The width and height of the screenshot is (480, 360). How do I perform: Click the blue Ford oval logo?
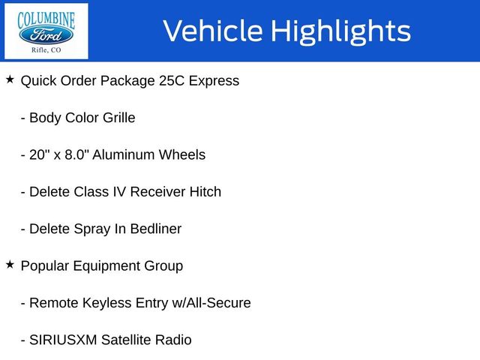coord(46,34)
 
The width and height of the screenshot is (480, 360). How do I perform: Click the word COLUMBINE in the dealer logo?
coord(46,16)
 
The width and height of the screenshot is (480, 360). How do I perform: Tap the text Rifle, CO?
coord(46,50)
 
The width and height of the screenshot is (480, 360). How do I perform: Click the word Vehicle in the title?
coord(211,31)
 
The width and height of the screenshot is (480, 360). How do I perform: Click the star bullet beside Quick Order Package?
coord(10,79)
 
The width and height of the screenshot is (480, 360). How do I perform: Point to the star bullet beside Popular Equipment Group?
coord(10,264)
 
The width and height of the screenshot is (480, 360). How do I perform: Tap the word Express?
coord(214,80)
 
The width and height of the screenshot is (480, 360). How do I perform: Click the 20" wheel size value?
coord(39,154)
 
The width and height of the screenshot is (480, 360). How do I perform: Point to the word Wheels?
coord(181,154)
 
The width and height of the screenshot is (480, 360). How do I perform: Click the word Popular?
coord(45,265)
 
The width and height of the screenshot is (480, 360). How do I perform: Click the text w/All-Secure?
coord(212,303)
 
